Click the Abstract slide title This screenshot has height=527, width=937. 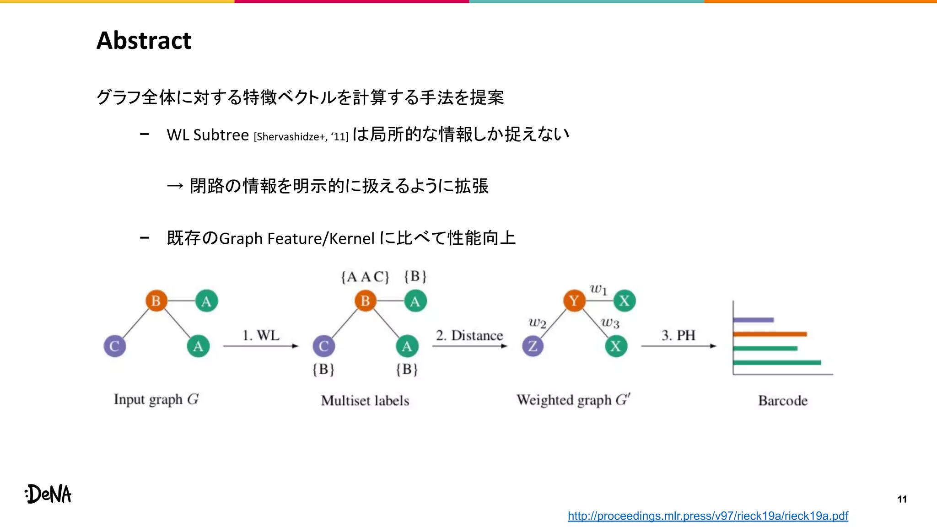coord(144,41)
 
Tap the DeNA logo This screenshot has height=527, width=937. coord(48,494)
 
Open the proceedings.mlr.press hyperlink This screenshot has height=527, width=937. coord(708,516)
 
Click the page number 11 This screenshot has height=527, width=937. coord(902,499)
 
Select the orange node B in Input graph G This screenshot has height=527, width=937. coord(156,301)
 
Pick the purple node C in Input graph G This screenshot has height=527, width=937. coord(114,346)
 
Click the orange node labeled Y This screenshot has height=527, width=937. coord(574,301)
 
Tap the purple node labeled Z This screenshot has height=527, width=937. coord(533,346)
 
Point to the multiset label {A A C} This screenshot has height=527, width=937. coord(365,277)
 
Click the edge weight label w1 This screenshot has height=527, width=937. coord(598,289)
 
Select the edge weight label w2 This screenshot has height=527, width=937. coord(537,323)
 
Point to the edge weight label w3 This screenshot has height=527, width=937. coord(610,323)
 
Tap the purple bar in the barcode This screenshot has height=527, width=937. coord(753,320)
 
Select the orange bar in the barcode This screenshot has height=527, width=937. coord(770,334)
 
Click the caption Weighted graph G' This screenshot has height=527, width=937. coord(573,400)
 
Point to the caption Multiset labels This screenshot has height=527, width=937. coord(365,401)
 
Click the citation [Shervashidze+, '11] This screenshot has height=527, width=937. coord(301,137)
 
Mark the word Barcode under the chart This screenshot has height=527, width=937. coord(783,401)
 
